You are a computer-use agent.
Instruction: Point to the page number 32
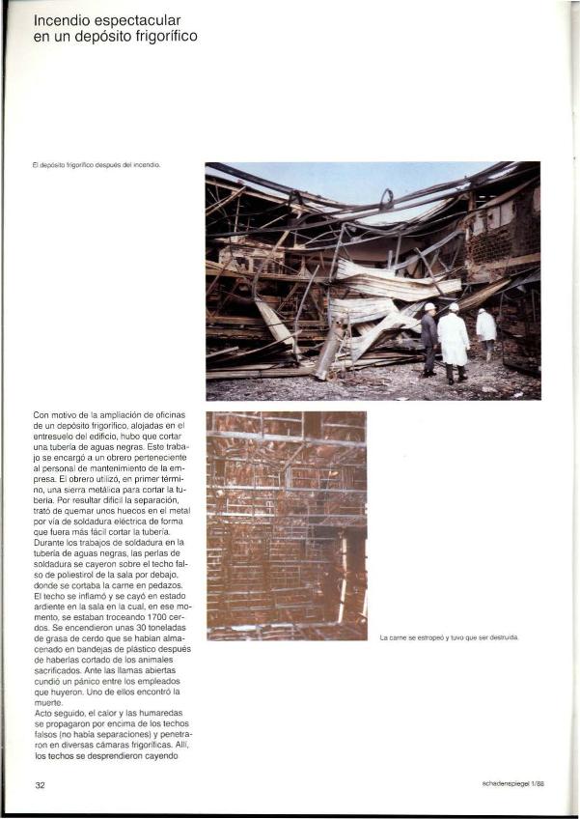[x=41, y=785]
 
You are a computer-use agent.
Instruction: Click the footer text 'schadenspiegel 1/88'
[x=512, y=783]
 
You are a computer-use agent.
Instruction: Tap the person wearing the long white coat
[x=453, y=340]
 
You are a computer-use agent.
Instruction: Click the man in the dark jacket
[x=428, y=338]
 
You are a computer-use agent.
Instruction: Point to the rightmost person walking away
[x=486, y=330]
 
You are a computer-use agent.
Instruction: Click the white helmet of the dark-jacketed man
[x=429, y=307]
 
